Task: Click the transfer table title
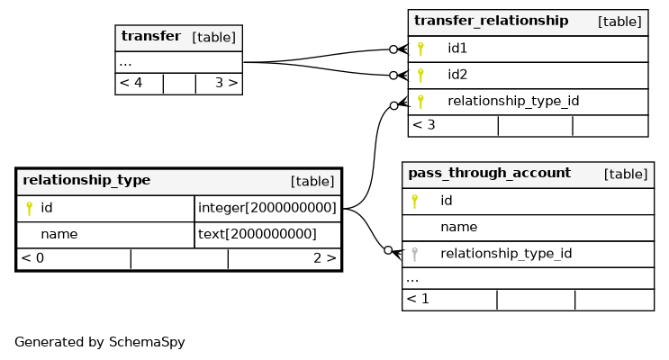151,36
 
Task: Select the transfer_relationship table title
491,21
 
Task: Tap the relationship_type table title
86,180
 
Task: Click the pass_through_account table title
490,173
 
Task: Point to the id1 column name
457,49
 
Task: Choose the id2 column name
457,75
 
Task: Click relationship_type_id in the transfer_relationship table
513,101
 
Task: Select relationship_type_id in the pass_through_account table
506,254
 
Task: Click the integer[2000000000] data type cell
267,208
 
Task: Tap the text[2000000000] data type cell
258,234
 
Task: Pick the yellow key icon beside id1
420,49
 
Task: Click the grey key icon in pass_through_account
414,255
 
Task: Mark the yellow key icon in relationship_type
30,209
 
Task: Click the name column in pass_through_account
458,227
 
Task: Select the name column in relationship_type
59,234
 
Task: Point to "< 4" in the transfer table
131,83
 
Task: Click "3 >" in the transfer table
227,83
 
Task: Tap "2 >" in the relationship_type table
325,258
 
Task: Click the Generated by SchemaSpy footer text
100,342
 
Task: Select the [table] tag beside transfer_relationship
619,22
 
